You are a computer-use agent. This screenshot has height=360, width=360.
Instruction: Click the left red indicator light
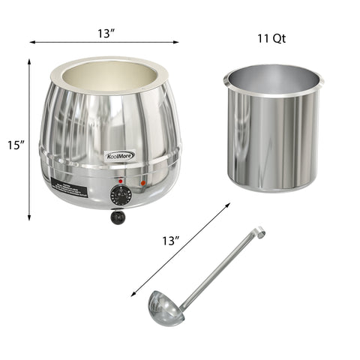coord(120,181)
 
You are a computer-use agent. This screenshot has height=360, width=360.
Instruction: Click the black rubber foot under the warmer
coord(117,217)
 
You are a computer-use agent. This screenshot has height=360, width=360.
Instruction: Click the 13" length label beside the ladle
coord(171,241)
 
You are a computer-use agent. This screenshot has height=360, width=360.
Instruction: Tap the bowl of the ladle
coord(166,308)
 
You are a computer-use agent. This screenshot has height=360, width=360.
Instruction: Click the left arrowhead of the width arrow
coord(32,43)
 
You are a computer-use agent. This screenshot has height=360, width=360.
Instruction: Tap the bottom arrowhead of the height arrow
coord(29,218)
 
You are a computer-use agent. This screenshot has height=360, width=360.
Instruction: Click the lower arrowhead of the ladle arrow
coord(133,295)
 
